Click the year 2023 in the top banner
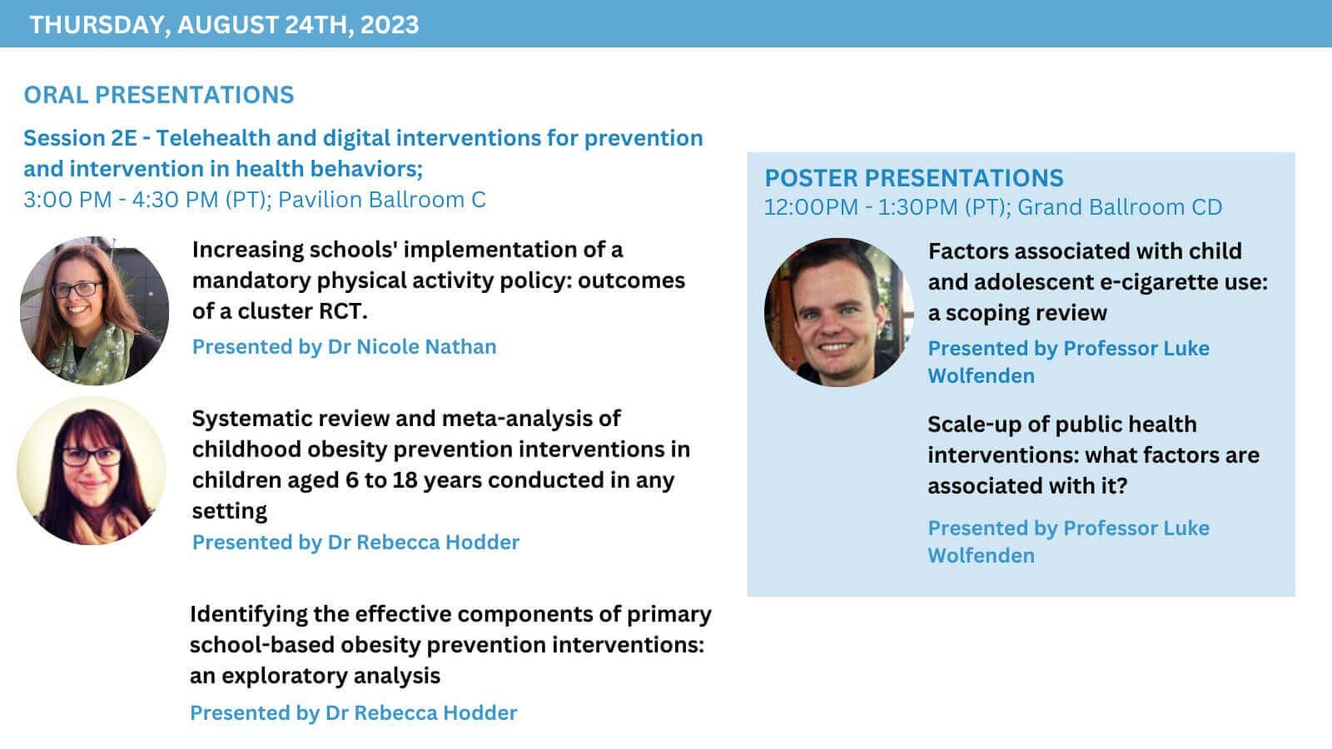390,25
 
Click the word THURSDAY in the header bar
97,26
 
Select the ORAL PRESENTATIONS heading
159,95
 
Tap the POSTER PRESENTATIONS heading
914,178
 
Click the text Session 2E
80,138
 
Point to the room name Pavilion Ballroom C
382,200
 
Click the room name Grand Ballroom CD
1120,207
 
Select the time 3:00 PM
67,200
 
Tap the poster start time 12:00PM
811,207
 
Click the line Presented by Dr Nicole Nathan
345,346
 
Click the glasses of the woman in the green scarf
77,290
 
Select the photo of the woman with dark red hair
92,471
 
